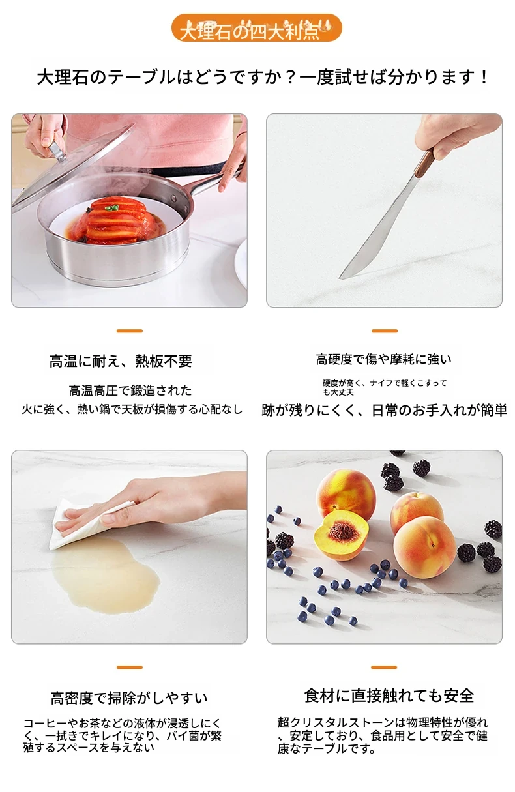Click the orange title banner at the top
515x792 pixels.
click(256, 28)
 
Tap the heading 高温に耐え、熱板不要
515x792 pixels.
click(121, 361)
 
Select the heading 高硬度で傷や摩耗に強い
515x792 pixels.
click(384, 359)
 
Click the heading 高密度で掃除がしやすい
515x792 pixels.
click(129, 698)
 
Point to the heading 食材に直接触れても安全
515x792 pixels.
click(389, 696)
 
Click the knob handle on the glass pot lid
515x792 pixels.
click(58, 151)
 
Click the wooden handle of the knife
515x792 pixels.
click(424, 164)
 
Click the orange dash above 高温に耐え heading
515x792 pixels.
click(130, 331)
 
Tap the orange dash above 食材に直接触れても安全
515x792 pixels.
click(384, 667)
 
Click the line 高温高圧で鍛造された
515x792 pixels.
click(130, 390)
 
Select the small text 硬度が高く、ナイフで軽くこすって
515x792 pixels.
click(385, 383)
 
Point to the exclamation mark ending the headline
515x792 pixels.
click(484, 78)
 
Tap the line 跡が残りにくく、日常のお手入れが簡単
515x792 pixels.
click(385, 410)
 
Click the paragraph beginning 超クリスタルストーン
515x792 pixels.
click(383, 735)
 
